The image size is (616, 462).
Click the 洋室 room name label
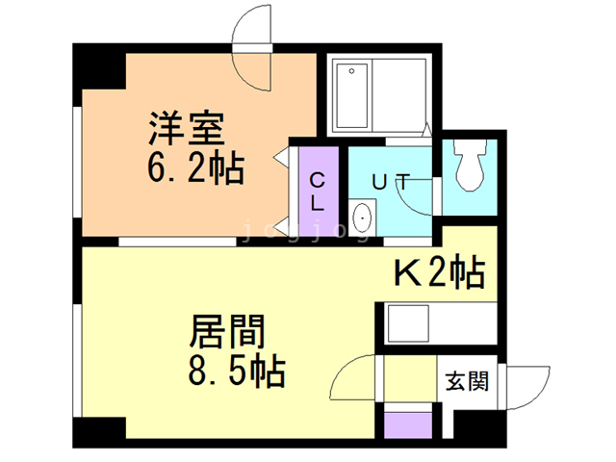(x=186, y=128)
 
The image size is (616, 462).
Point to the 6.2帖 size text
(x=195, y=168)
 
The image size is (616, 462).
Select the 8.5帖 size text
(x=237, y=371)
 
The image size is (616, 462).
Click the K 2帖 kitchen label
(x=440, y=272)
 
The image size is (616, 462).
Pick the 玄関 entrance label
(x=467, y=381)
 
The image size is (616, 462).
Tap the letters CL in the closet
(x=317, y=192)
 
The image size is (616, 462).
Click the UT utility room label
(x=391, y=182)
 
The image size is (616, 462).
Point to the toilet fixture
(x=469, y=165)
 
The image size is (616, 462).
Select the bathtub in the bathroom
(x=352, y=96)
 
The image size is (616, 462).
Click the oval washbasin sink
(x=362, y=218)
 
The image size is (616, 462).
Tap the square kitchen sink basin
(x=408, y=323)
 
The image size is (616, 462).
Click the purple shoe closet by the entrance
(x=408, y=424)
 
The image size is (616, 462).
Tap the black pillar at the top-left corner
(x=100, y=67)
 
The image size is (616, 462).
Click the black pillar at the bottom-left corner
(x=99, y=432)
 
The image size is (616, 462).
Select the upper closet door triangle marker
(x=281, y=157)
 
